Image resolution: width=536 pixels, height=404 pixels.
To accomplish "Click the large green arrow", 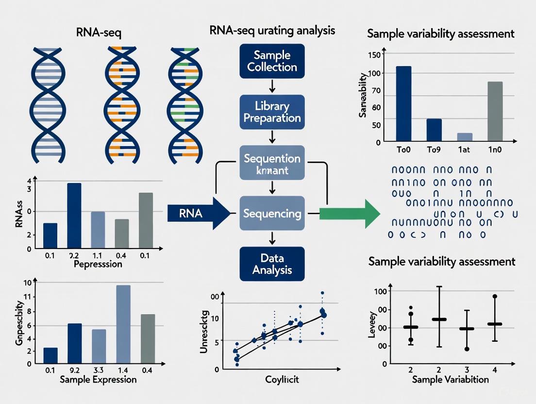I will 350,213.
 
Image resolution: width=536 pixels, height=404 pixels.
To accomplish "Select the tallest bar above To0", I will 403,103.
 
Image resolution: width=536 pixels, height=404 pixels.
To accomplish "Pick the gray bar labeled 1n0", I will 495,111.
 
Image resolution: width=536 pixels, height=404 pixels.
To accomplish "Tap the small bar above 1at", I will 465,137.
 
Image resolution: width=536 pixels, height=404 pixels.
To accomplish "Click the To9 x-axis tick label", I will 434,150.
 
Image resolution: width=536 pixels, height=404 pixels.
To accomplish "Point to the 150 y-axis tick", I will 376,54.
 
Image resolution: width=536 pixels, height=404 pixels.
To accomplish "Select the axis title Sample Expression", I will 98,379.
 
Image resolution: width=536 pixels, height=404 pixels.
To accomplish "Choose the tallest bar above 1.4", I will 123,324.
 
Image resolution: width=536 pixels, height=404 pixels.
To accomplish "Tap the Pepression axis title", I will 98,265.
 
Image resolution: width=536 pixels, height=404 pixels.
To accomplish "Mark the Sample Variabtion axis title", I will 450,379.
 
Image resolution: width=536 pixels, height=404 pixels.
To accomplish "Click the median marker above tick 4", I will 495,324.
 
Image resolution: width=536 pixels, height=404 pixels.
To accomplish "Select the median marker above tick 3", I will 467,329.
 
